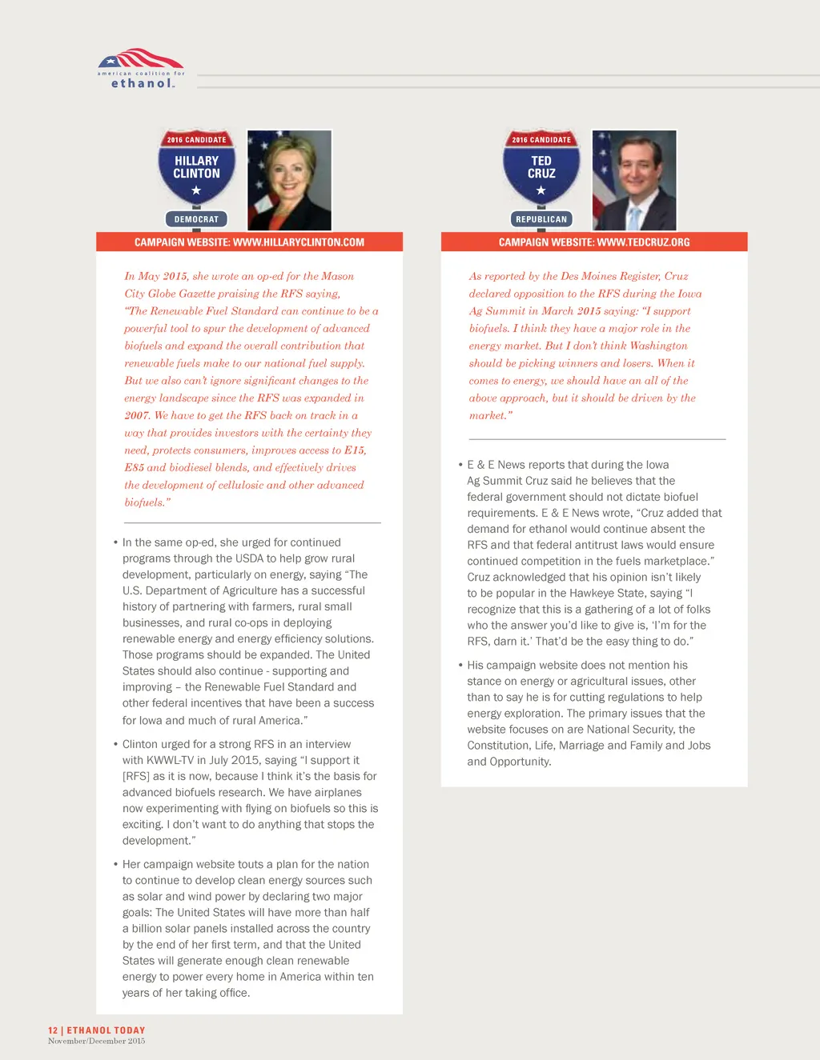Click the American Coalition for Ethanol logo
tap(141, 68)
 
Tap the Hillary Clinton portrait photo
tap(289, 180)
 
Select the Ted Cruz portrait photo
tap(634, 180)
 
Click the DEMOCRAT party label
tap(196, 219)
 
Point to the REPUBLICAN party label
tap(541, 219)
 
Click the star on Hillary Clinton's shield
tap(196, 190)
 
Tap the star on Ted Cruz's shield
tap(541, 190)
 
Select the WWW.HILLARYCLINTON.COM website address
tap(298, 242)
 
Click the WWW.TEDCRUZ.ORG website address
tap(643, 242)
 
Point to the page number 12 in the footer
tap(53, 1030)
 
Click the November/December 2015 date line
tap(96, 1041)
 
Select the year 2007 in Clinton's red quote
tap(137, 415)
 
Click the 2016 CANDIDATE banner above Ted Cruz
tap(541, 140)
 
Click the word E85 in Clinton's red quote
tap(134, 467)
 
